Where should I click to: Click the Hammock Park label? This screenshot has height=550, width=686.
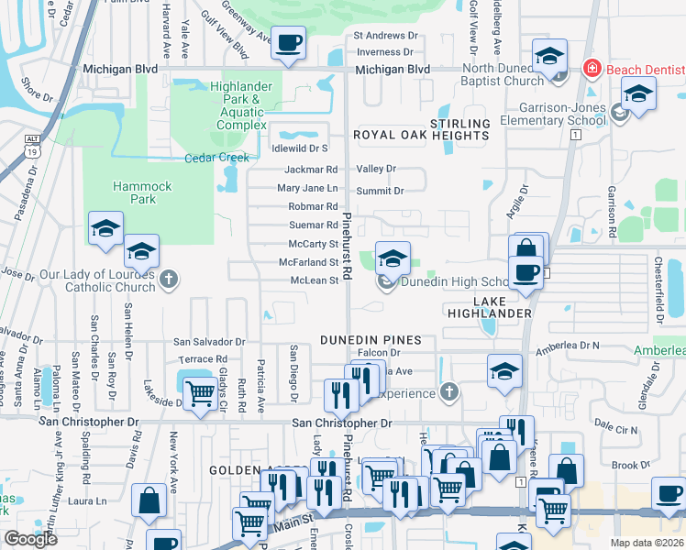(x=142, y=192)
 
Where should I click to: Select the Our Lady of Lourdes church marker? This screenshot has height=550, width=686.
(x=168, y=280)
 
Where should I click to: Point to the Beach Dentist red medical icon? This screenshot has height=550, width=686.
(x=592, y=69)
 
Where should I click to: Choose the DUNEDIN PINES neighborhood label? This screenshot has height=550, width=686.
(x=371, y=340)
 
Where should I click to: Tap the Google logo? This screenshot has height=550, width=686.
(x=30, y=538)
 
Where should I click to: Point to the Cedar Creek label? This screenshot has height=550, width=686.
(x=216, y=158)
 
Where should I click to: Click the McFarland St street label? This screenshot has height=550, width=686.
(x=309, y=262)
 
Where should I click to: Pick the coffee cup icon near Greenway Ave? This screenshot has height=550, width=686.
(x=289, y=43)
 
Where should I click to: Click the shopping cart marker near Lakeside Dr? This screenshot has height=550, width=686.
(x=200, y=394)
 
